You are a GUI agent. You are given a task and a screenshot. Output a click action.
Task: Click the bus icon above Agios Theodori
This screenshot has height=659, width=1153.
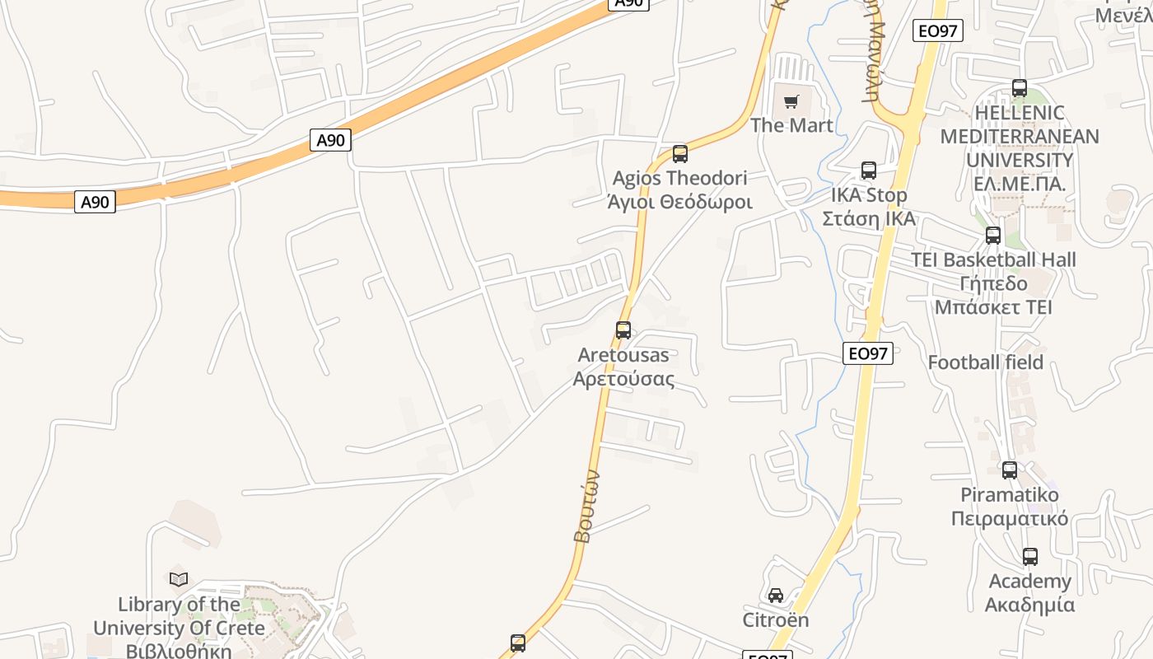679,154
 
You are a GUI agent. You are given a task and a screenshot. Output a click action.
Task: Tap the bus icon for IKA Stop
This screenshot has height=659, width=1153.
868,171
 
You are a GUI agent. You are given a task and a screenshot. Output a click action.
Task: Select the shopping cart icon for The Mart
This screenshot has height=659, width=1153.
791,102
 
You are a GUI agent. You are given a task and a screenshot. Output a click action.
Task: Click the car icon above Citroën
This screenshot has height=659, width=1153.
776,596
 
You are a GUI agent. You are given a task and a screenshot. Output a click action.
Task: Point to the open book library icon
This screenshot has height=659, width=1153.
179,579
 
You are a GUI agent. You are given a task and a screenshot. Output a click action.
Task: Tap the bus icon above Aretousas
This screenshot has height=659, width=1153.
623,330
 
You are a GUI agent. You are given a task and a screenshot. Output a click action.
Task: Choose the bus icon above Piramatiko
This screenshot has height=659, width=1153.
1009,470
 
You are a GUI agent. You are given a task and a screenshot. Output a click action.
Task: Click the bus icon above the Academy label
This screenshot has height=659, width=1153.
1029,557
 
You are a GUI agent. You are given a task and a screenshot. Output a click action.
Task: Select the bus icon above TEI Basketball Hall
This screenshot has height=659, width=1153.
993,236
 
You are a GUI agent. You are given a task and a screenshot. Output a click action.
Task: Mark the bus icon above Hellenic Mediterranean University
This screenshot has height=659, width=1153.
1020,88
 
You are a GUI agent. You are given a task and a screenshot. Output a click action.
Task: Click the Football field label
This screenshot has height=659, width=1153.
985,362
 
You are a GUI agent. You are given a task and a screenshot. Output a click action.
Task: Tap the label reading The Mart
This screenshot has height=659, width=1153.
791,125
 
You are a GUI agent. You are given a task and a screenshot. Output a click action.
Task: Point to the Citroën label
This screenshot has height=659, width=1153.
776,619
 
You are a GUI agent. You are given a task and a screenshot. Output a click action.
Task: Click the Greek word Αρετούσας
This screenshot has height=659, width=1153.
623,380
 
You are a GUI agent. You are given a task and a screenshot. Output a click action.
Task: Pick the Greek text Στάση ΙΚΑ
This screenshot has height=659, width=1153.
869,219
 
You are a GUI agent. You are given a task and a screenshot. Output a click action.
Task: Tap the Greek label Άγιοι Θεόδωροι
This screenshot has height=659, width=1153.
679,202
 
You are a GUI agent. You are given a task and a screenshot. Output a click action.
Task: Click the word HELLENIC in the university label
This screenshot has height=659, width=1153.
1019,113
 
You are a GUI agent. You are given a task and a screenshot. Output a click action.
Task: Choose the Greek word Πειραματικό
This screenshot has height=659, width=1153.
1009,519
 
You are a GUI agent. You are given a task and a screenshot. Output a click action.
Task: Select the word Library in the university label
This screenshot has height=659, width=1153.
150,605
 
